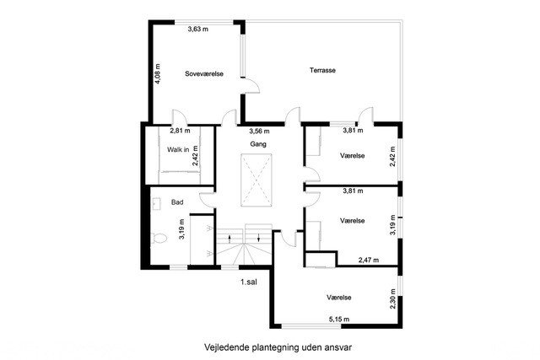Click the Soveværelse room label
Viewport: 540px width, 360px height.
204,73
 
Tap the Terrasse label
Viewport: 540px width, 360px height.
322,70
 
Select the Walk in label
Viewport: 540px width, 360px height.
178,150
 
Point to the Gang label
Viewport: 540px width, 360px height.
258,144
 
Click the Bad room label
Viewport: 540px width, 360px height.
177,202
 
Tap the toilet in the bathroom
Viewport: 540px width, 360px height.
159,238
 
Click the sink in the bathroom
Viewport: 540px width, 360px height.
155,204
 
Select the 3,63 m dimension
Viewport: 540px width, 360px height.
198,30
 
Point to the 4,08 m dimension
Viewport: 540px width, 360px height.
158,74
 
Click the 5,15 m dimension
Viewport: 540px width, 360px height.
339,320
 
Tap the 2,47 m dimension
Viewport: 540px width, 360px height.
369,261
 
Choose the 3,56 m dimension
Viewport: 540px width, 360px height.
259,132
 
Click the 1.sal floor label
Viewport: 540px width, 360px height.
249,282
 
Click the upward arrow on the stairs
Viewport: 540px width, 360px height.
229,238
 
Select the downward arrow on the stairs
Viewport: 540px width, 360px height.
259,238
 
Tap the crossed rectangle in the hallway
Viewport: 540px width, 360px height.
256,180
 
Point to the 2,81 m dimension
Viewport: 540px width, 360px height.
180,131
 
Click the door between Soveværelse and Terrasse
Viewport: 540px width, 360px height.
251,85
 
